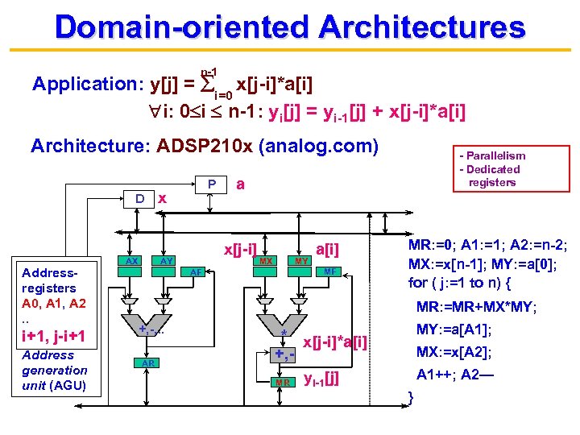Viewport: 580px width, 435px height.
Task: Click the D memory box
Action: click(139, 197)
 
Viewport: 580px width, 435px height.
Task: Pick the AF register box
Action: click(196, 272)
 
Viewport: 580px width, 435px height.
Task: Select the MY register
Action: click(301, 261)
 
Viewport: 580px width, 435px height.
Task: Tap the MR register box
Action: click(283, 380)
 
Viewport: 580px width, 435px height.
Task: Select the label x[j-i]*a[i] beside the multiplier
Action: click(334, 342)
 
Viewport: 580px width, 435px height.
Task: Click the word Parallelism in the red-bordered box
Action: click(492, 155)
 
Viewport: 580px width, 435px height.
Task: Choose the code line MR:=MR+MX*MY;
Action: click(477, 307)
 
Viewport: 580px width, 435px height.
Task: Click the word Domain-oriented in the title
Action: click(181, 27)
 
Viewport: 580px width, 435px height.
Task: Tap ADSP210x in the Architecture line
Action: click(201, 146)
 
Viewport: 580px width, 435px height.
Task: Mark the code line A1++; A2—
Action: click(467, 375)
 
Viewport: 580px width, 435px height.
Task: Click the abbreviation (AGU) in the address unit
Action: click(70, 386)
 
